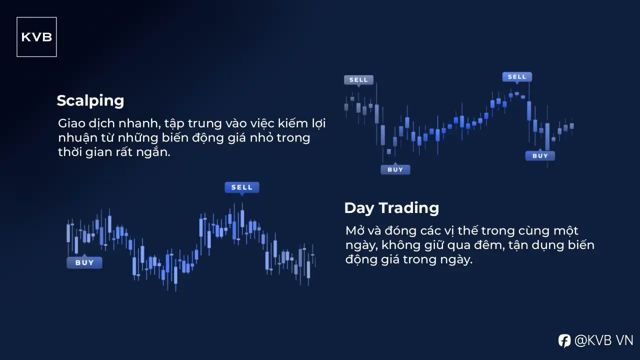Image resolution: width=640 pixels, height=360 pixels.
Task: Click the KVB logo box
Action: (36, 37)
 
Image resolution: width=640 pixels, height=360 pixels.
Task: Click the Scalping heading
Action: (90, 101)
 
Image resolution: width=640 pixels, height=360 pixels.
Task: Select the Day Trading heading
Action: (391, 208)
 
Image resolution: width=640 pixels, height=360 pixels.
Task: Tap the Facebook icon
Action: (564, 340)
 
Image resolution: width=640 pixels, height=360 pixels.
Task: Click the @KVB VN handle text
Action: (603, 340)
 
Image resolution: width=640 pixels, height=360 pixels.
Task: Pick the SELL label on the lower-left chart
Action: (242, 187)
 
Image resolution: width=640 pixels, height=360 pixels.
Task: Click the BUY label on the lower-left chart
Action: (84, 262)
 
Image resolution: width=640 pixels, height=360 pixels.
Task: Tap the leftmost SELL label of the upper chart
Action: (358, 80)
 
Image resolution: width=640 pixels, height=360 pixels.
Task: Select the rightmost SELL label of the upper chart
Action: (517, 77)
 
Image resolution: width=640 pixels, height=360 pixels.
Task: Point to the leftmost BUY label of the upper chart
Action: (395, 169)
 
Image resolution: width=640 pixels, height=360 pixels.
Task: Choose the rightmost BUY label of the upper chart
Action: (540, 156)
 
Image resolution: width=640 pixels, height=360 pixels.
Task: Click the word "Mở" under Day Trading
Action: (354, 230)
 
